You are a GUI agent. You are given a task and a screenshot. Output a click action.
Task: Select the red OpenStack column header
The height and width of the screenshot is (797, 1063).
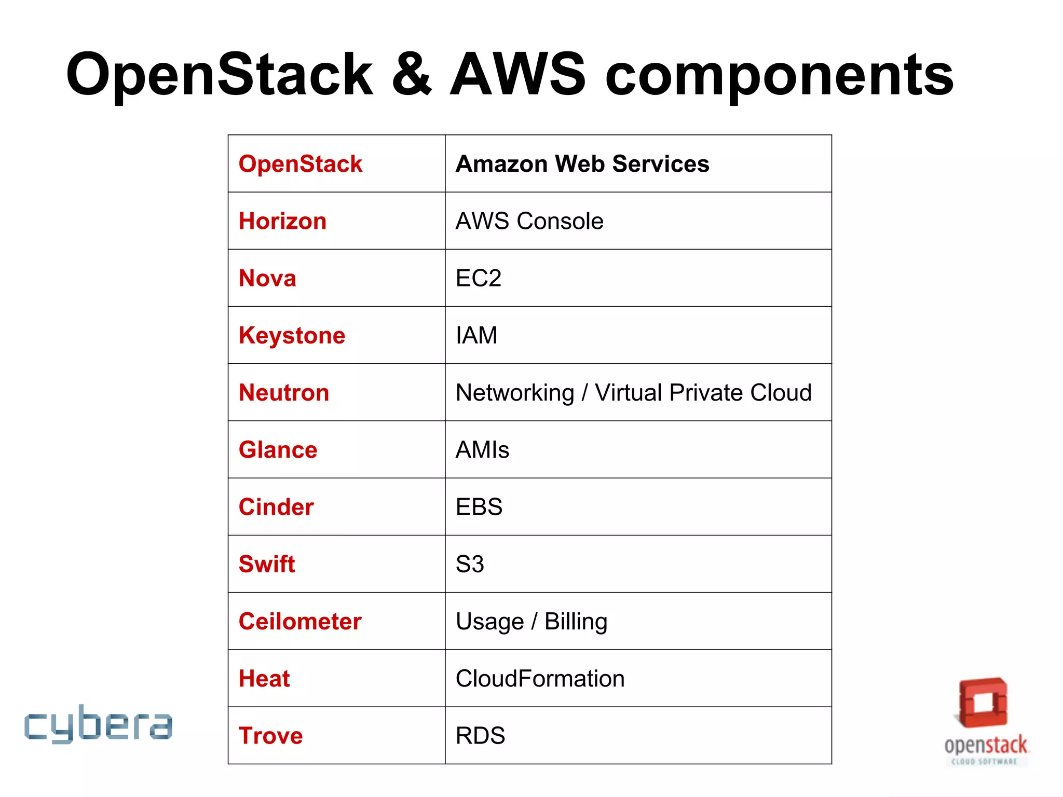click(300, 164)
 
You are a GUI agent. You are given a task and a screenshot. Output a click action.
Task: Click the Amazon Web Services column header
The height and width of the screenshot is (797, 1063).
click(582, 164)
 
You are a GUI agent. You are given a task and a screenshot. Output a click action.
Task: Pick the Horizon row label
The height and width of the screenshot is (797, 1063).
click(282, 221)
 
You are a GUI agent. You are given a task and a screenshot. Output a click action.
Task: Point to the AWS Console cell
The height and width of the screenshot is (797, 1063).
click(529, 221)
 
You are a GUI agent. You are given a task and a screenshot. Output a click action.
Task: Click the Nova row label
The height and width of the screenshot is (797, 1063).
click(267, 278)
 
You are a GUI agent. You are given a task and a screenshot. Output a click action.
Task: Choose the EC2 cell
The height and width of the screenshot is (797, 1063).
click(478, 278)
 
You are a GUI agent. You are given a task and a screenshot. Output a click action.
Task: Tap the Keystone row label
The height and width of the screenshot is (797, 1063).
click(292, 336)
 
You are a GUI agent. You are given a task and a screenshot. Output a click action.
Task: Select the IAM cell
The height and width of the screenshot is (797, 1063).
click(476, 335)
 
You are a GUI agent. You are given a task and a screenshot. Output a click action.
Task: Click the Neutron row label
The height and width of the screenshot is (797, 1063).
click(284, 393)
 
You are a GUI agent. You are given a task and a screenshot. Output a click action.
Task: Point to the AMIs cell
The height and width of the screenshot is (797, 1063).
click(482, 450)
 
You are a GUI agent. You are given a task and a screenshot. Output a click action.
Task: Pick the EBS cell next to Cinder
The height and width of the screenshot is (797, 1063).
click(479, 507)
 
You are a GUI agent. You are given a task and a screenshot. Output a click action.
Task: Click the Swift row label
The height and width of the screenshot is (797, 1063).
click(267, 564)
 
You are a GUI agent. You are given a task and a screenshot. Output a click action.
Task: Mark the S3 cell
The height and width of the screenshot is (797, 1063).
click(470, 564)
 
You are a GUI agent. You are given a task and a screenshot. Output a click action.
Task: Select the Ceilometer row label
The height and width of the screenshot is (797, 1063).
click(300, 622)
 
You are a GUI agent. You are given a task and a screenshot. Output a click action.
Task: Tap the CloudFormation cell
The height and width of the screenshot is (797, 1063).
click(540, 679)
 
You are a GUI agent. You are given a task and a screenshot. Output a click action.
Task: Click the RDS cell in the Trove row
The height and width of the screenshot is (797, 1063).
click(480, 736)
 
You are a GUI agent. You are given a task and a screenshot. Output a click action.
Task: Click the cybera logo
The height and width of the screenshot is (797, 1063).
click(98, 724)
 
